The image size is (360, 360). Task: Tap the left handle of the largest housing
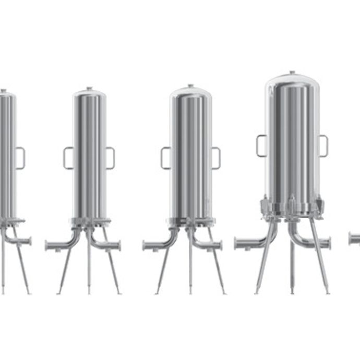click(261, 145)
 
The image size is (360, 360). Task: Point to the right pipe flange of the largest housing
click(328, 243)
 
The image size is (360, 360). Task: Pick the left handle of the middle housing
click(165, 158)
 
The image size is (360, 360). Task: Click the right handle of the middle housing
click(215, 158)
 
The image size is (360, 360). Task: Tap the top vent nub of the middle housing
click(190, 86)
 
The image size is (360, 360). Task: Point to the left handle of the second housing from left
click(68, 158)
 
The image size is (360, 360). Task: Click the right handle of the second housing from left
click(110, 158)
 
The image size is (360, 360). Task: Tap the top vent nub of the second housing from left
click(89, 88)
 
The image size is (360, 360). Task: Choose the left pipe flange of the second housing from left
click(47, 245)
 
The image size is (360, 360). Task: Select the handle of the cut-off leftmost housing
click(20, 158)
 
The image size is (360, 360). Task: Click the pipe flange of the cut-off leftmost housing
click(29, 241)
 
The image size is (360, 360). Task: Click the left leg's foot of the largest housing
click(257, 292)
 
